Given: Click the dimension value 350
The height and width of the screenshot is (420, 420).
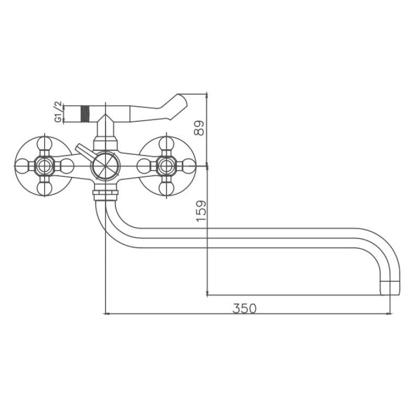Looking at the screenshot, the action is coord(244,308).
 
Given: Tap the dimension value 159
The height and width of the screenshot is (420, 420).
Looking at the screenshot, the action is coord(202,211).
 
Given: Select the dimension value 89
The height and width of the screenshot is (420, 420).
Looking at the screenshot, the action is coord(199,128).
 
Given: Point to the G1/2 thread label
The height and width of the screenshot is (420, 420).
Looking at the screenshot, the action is coord(58,112).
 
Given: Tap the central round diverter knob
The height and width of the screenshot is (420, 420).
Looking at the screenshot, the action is coord(106,166).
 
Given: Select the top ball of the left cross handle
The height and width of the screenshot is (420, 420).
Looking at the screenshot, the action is coord(45,144).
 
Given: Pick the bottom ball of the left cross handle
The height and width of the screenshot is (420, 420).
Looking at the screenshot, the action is coord(45,188).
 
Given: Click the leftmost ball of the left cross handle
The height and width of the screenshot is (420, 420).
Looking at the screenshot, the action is coord(22,166).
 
